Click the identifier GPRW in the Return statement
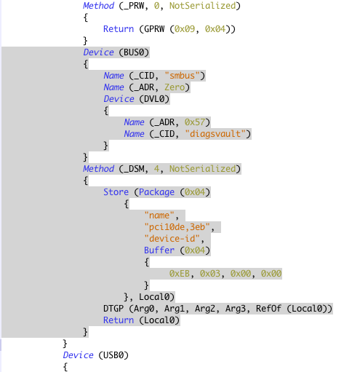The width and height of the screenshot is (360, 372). (154, 29)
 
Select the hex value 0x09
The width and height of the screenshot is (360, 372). (185, 29)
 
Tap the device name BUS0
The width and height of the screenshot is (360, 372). (134, 52)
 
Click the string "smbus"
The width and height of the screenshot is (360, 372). (182, 76)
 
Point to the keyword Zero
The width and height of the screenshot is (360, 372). (175, 87)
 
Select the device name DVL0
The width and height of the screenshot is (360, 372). (154, 99)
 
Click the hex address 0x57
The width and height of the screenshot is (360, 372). (195, 122)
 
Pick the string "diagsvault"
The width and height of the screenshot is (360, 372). (215, 134)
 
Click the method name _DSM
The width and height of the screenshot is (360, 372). (134, 169)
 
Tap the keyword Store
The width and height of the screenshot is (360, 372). (116, 192)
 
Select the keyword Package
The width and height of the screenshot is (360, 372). (156, 192)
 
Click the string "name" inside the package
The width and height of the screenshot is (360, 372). (159, 215)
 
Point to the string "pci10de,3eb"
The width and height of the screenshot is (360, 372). (177, 227)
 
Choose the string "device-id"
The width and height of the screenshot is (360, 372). (172, 239)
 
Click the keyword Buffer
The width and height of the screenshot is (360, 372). (159, 250)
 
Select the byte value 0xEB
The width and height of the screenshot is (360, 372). (180, 274)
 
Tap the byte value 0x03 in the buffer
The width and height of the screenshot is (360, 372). (210, 274)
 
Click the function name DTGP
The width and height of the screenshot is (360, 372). (113, 309)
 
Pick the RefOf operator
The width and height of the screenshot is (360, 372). (268, 309)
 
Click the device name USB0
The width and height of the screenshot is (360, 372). (113, 355)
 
